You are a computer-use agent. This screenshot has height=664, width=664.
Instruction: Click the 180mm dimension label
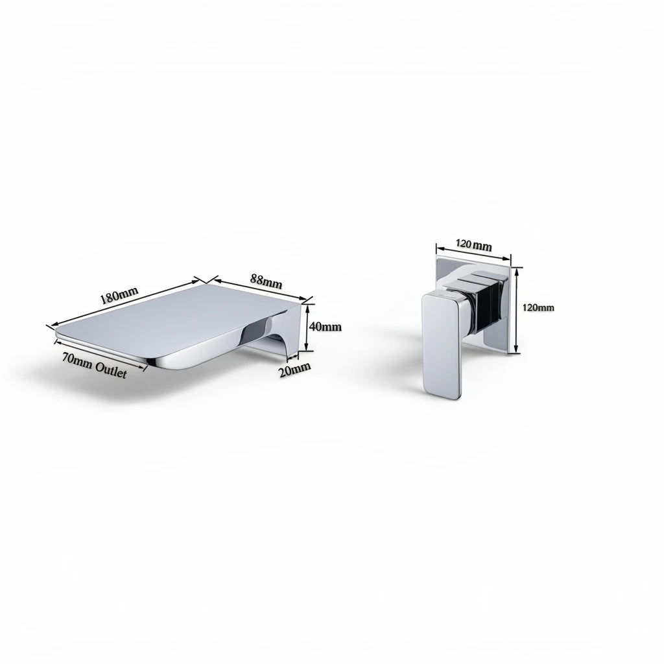point(119,295)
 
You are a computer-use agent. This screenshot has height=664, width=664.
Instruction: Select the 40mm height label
point(325,327)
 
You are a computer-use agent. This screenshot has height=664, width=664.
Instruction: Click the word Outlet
point(111,370)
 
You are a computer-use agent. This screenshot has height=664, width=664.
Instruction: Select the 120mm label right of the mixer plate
point(538,308)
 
